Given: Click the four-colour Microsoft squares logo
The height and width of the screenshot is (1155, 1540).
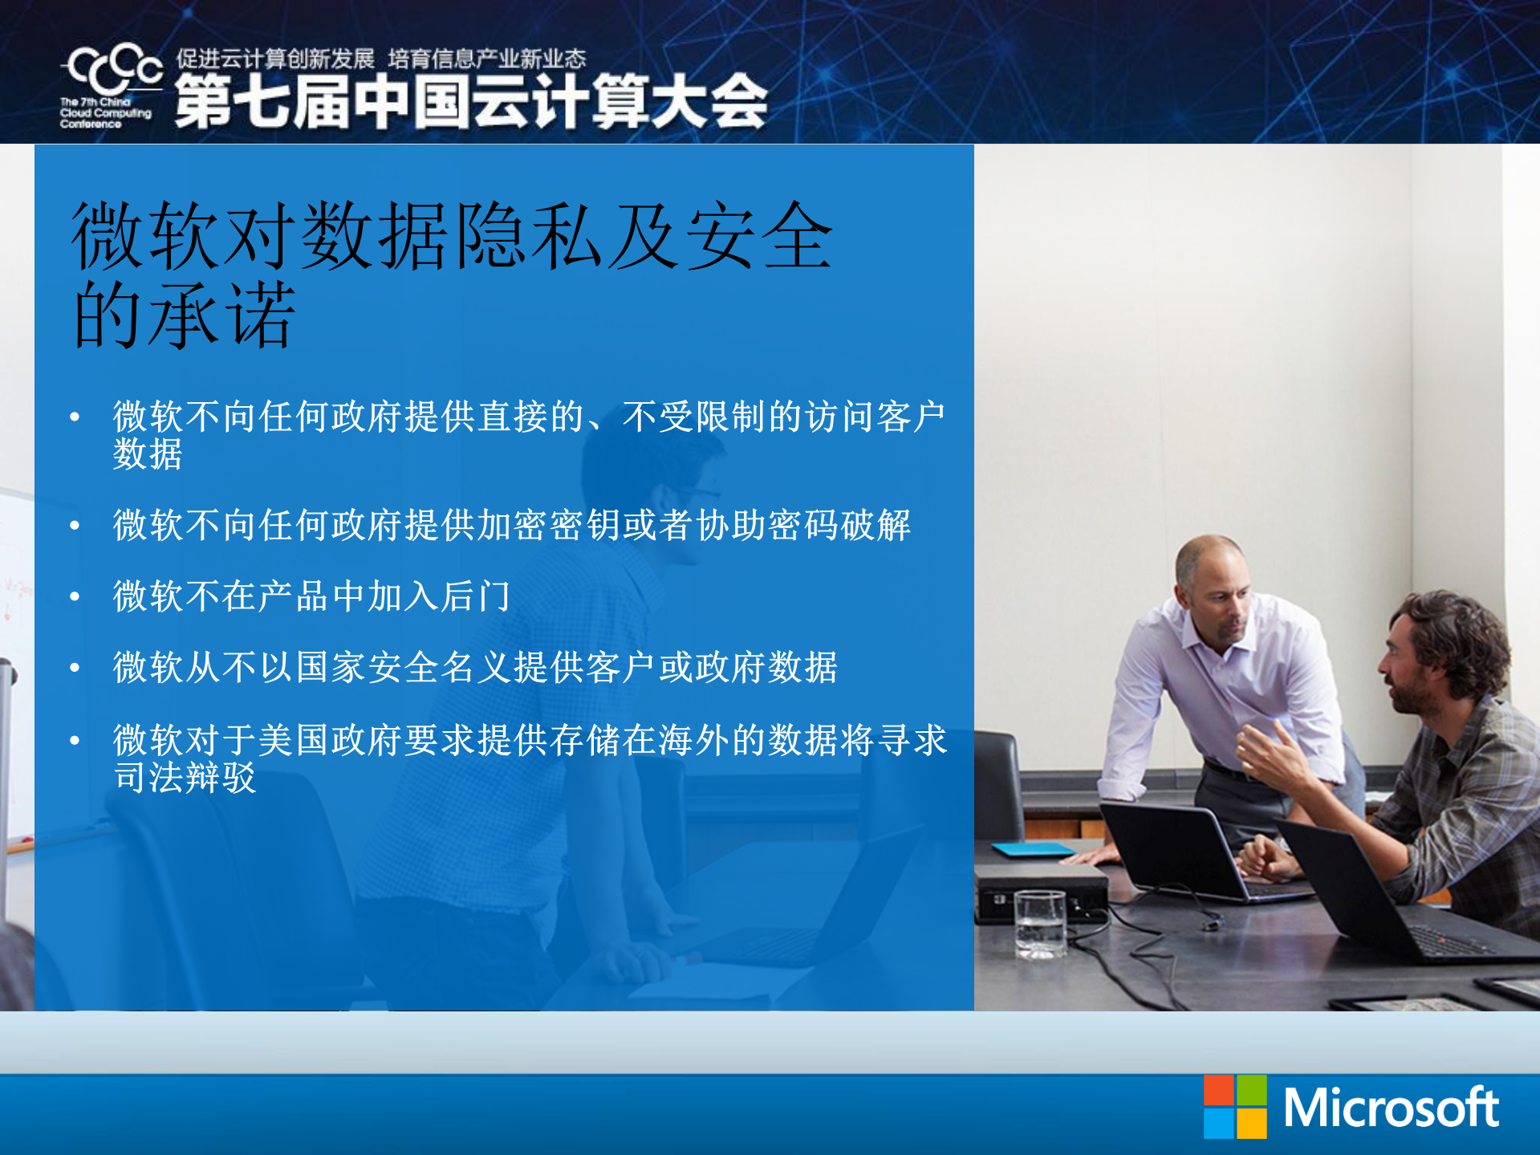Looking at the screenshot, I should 1235,1107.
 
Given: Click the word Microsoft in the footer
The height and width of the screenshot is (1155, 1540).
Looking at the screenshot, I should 1391,1108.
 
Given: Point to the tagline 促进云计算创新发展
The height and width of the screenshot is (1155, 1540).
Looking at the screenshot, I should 275,59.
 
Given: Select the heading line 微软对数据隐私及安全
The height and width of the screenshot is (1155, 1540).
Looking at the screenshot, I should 452,236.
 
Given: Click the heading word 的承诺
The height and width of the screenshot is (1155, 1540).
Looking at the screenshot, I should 185,315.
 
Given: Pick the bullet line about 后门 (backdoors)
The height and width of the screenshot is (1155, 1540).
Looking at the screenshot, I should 311,596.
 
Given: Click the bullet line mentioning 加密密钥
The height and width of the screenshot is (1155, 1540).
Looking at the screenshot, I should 511,526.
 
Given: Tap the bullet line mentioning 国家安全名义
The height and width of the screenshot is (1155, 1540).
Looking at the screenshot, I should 475,667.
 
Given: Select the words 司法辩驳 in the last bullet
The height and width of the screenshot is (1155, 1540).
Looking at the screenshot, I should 185,777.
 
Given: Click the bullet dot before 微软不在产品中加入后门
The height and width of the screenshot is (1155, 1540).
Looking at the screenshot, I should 75,596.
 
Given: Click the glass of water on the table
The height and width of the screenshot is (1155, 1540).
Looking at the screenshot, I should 1040,923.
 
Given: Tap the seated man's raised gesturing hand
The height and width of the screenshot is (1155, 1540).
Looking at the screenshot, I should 1267,751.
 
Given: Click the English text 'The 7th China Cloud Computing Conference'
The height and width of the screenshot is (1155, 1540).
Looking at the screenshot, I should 104,113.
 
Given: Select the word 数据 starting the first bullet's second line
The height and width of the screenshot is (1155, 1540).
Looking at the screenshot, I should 148,454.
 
